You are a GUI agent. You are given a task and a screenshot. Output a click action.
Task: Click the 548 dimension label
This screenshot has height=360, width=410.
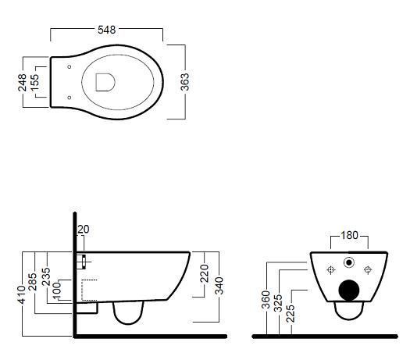(107, 30)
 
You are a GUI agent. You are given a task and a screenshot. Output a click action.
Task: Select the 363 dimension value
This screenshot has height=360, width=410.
(185, 82)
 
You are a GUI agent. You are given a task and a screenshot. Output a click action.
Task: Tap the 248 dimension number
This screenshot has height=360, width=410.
(22, 82)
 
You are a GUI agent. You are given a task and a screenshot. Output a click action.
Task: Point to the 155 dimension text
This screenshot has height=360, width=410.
(34, 82)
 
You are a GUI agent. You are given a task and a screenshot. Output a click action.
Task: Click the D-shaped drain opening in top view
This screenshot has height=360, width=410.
(105, 82)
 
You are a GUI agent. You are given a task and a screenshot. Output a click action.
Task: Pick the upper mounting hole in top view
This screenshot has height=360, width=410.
(70, 66)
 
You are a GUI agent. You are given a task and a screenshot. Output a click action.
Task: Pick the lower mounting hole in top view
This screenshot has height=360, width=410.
(70, 98)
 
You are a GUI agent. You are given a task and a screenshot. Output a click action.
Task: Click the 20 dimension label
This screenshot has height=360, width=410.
(84, 230)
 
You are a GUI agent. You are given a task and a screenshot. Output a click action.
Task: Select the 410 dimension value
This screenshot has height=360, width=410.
(22, 294)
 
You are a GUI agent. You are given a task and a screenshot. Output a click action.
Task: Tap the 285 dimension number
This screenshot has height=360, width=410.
(33, 282)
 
